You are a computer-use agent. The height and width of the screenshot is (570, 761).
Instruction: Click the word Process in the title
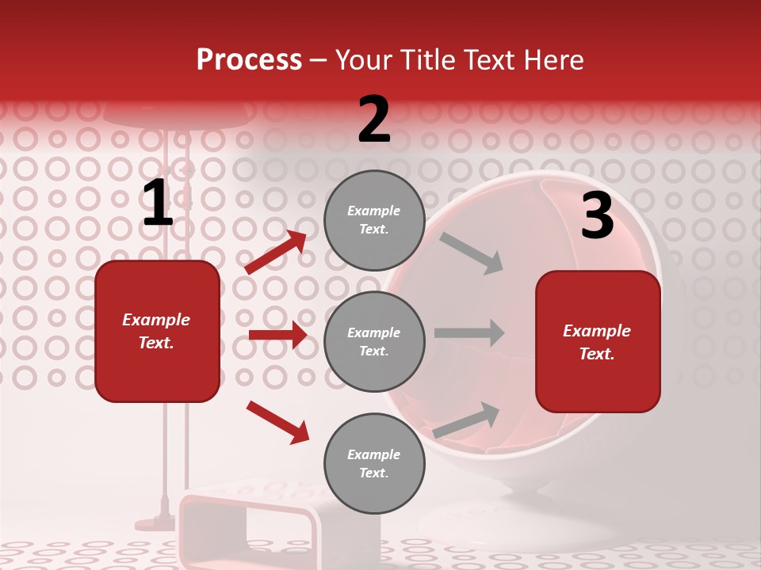[249, 60]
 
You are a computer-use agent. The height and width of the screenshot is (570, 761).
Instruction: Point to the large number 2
[374, 120]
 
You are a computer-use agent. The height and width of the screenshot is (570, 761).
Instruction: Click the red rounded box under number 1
[157, 331]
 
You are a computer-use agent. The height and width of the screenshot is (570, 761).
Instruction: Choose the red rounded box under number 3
[598, 341]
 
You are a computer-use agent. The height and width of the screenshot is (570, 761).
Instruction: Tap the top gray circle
[374, 220]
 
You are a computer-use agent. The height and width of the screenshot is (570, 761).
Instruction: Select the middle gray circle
[374, 341]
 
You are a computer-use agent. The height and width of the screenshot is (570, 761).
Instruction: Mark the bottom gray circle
[374, 463]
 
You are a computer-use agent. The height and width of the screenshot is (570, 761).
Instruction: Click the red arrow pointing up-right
[276, 253]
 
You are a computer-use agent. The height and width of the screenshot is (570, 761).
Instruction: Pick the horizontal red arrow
[277, 335]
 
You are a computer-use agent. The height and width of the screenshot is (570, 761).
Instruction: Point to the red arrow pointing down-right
[277, 421]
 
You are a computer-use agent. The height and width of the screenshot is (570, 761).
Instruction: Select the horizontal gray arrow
[468, 332]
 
